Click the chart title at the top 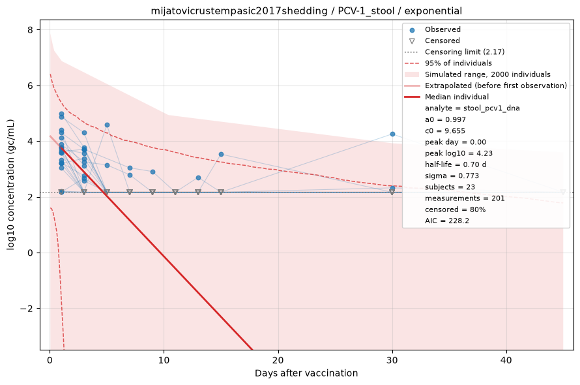coord(306,11)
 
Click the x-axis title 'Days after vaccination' coord(306,373)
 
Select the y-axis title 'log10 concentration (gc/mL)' coord(10,185)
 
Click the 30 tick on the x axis coord(392,360)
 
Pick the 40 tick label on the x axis coord(506,360)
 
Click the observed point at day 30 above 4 coord(392,134)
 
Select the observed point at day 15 coord(221,154)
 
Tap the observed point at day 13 coord(198,178)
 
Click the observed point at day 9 coord(152,172)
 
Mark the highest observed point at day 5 coord(107,125)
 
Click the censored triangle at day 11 coord(175,192)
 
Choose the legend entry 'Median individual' coord(457,97)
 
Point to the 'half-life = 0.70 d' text coord(453,164)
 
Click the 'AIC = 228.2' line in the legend coord(447,221)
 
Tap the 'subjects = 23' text coord(450,187)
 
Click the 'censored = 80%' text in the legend coord(455,209)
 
